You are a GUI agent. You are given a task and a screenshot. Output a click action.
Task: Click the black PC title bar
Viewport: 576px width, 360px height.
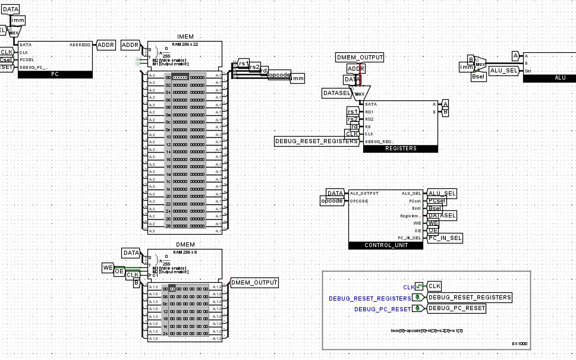pos(55,74)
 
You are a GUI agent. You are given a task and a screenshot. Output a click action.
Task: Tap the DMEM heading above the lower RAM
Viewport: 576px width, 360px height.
pos(184,245)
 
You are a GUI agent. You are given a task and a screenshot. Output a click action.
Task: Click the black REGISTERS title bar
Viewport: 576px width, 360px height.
pos(400,149)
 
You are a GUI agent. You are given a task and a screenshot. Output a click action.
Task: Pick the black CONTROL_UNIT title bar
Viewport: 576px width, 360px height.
pos(385,245)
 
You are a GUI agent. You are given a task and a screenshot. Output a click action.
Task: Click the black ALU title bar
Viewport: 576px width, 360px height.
pos(559,78)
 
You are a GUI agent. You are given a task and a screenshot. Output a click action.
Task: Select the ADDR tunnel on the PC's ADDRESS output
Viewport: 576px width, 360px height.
pos(106,45)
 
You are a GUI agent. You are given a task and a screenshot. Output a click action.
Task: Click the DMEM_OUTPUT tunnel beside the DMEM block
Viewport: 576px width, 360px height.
pos(254,282)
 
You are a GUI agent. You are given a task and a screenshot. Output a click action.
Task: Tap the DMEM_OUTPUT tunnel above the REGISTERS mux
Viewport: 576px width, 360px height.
pos(360,58)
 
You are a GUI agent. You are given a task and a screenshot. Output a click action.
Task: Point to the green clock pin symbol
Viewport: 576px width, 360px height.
pos(419,286)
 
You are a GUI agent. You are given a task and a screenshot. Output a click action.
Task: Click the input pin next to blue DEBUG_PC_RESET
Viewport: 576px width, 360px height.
pos(419,308)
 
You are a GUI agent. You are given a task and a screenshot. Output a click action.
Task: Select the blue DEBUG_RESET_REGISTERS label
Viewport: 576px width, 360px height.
pos(370,298)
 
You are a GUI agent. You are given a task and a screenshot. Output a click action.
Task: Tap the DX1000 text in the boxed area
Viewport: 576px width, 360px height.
pos(519,343)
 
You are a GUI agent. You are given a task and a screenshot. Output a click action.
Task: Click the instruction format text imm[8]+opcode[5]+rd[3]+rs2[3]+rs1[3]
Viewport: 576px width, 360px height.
pos(426,330)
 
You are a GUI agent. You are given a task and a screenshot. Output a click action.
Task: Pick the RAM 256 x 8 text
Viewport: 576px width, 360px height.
pos(184,252)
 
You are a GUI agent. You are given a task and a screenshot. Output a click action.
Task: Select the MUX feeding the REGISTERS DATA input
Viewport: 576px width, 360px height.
pos(360,93)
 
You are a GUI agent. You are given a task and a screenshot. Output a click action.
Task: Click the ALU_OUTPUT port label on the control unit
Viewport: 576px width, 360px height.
pos(364,193)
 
